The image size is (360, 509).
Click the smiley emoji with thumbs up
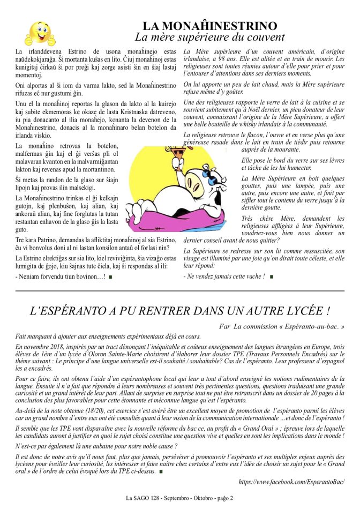click(x=40, y=33)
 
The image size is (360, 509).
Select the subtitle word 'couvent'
click(x=266, y=38)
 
